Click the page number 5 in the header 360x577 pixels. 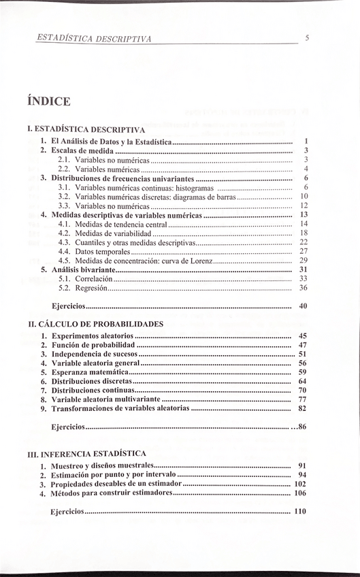click(307, 38)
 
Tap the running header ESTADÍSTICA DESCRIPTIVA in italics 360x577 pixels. click(94, 39)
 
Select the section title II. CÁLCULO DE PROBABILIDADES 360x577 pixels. click(95, 323)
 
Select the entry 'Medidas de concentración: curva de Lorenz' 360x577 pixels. click(144, 260)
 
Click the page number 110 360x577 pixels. click(300, 511)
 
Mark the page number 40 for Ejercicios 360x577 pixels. click(304, 306)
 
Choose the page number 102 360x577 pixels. click(300, 484)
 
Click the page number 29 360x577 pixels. click(304, 260)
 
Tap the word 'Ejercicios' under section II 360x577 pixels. click(68, 427)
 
